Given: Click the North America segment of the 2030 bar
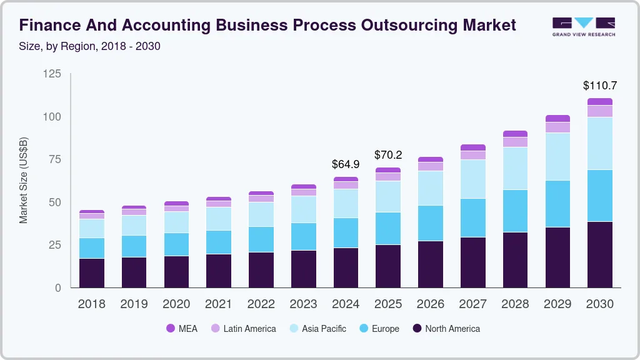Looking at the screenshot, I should [600, 254].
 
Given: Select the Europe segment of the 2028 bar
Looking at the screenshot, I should [515, 211].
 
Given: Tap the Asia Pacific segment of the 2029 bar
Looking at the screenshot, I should [557, 156].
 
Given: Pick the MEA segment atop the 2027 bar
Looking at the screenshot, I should [472, 147].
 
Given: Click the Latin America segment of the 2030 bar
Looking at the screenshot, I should [600, 111].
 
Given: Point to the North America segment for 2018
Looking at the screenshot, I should [92, 273].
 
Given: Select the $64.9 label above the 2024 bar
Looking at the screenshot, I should [346, 164].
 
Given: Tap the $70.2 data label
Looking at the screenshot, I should [388, 154].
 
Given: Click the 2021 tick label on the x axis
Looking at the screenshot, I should [219, 304].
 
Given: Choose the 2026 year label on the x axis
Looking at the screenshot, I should [431, 304].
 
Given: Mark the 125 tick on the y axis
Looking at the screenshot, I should [52, 74].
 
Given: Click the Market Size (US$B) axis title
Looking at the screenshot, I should [24, 181].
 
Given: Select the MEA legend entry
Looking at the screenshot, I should [182, 328].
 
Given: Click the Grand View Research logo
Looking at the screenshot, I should [583, 26].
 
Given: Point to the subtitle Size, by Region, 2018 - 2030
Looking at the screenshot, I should [89, 46].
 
